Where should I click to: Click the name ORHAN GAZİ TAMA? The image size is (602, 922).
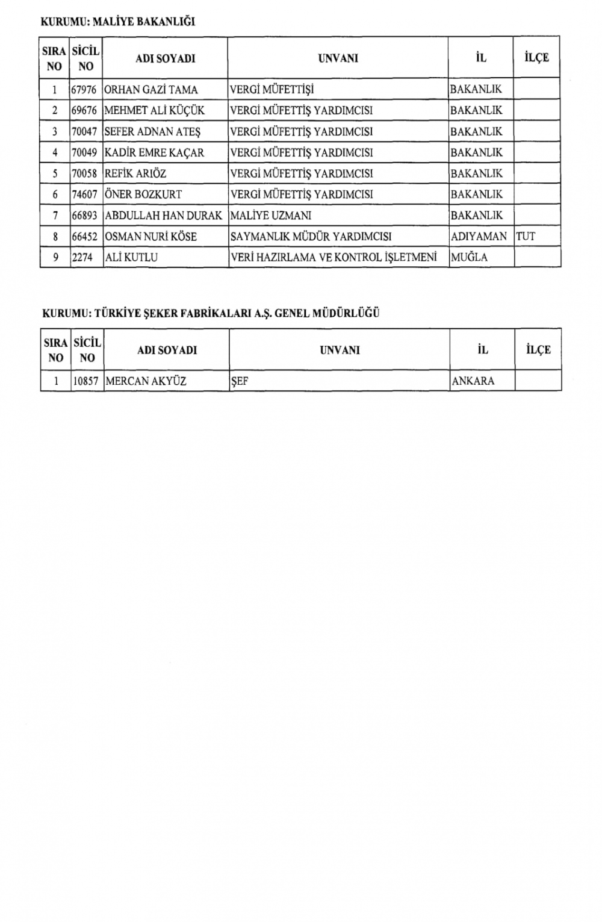click(x=151, y=90)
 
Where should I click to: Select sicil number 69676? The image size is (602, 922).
click(x=84, y=111)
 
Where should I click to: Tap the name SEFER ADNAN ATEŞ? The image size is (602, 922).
click(x=152, y=132)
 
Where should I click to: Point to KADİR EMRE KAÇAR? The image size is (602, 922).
click(x=154, y=153)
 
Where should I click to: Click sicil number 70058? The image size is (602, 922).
click(x=84, y=173)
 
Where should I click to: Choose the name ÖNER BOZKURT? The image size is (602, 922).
click(x=143, y=195)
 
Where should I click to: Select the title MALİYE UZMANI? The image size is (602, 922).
click(x=271, y=216)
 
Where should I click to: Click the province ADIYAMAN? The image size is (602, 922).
click(x=479, y=237)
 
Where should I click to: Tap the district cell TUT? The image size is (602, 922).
click(x=526, y=237)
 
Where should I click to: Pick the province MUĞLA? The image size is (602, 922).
click(x=469, y=257)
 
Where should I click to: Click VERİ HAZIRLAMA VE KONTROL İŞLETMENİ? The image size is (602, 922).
click(x=334, y=257)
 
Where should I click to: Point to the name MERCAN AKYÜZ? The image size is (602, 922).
click(x=146, y=381)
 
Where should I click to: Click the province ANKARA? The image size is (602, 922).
click(x=473, y=381)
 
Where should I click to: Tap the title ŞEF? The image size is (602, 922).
click(x=240, y=381)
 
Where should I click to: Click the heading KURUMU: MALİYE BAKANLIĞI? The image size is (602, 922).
click(x=117, y=22)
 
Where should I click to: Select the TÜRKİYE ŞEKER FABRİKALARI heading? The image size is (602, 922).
click(x=211, y=313)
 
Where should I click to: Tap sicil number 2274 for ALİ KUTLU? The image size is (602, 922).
click(x=82, y=257)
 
